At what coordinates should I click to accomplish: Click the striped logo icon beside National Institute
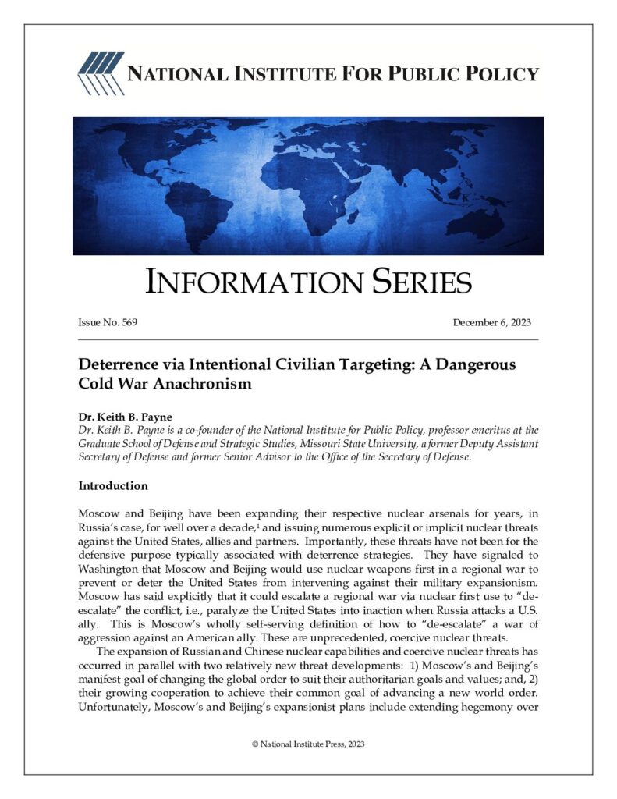click(99, 73)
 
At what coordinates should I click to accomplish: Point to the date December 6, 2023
click(491, 322)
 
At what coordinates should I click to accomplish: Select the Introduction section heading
click(113, 486)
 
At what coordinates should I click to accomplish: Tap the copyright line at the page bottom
click(308, 744)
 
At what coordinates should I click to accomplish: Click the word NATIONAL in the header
click(172, 74)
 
